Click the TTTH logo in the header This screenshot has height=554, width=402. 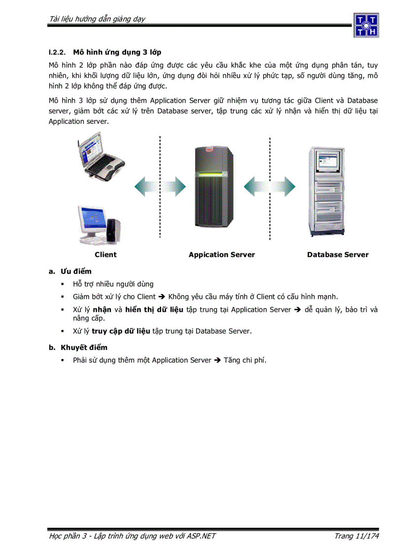tap(366, 25)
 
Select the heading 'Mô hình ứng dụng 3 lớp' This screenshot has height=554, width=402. tap(117, 52)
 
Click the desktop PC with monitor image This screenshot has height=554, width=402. tap(99, 225)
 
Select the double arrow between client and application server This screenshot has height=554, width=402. tap(160, 186)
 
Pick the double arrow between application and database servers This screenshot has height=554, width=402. tap(269, 186)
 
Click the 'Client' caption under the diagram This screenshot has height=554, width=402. tap(105, 255)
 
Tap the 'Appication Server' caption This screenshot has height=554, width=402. tap(222, 255)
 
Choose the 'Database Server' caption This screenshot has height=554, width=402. tap(337, 255)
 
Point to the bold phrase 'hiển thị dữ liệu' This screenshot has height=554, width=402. tap(154, 310)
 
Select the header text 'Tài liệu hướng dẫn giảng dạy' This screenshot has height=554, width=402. tap(97, 19)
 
